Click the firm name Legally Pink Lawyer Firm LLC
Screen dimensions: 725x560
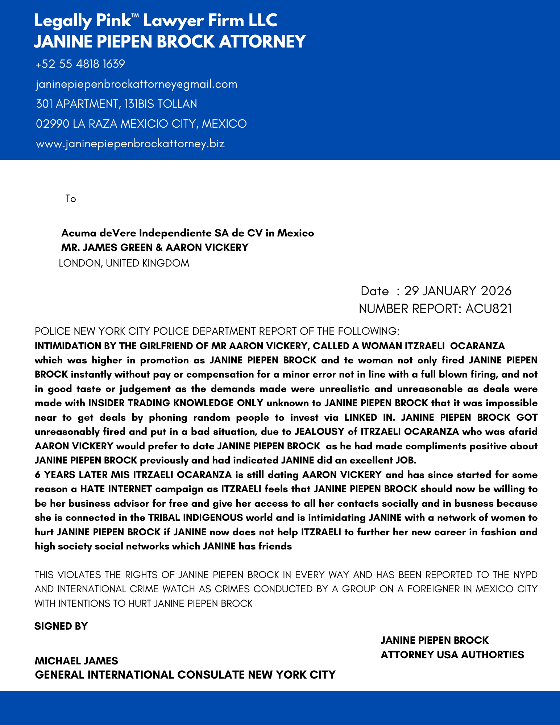pos(156,21)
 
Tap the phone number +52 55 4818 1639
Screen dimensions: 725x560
pos(80,64)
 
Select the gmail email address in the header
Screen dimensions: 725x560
pos(137,84)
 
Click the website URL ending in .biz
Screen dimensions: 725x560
pos(130,144)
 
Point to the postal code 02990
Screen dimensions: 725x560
pos(53,124)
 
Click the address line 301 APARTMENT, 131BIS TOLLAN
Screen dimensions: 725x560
pos(116,104)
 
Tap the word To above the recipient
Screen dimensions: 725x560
pos(71,199)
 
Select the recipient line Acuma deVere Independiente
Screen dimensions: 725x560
pos(187,233)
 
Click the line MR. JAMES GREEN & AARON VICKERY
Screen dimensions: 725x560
pos(155,248)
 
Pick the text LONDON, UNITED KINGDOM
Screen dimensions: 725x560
pos(124,263)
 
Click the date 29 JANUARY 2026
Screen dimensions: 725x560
pos(458,291)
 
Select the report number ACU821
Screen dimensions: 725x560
pos(489,309)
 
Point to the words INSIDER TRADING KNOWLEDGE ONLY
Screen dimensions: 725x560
pos(176,403)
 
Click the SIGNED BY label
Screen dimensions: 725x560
pos(61,626)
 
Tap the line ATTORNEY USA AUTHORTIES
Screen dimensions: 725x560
pos(452,655)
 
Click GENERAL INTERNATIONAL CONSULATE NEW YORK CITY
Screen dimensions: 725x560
pos(185,675)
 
